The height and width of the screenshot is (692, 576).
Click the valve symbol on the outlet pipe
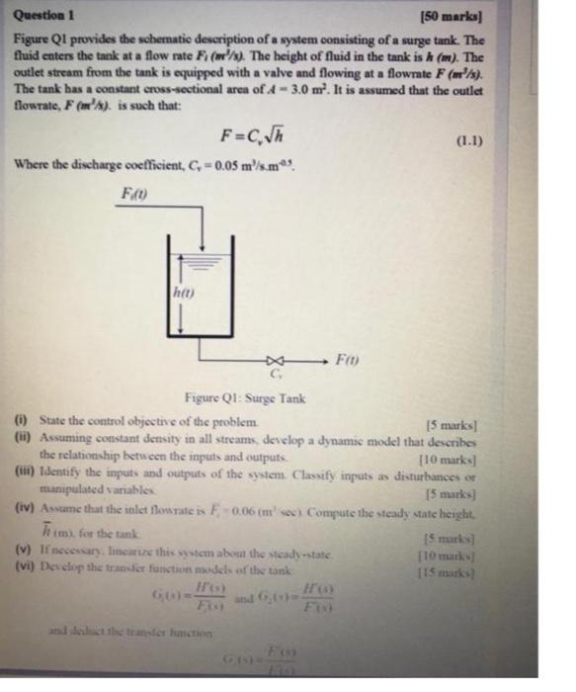(x=275, y=361)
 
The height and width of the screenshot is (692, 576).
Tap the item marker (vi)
(x=26, y=561)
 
